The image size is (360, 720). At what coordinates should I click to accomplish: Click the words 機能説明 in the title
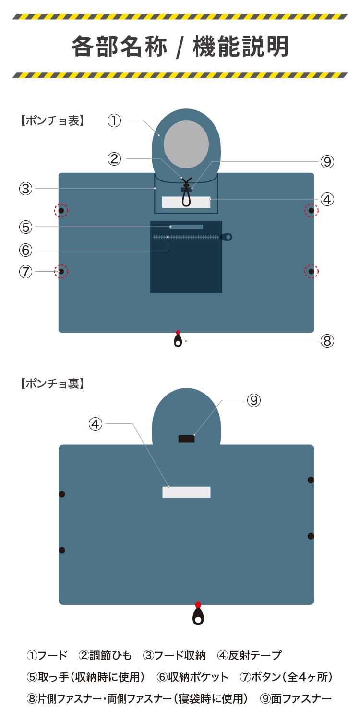[x=240, y=47]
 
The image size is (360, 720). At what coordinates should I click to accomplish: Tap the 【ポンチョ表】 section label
[x=52, y=120]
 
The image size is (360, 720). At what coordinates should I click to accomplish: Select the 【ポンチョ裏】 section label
[x=52, y=384]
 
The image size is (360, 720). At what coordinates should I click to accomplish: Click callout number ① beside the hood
[x=114, y=120]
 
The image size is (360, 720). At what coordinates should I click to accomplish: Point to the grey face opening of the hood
[x=186, y=144]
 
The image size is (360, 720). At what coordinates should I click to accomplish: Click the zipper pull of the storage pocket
[x=227, y=237]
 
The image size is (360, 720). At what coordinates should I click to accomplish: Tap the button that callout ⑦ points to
[x=61, y=272]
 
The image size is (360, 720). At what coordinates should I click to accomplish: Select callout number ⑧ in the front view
[x=327, y=341]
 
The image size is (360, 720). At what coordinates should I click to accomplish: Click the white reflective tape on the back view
[x=186, y=492]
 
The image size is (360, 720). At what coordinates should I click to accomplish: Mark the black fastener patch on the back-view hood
[x=186, y=438]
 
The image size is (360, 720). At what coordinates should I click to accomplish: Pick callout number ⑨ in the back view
[x=253, y=400]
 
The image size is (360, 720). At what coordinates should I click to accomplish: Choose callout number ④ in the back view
[x=96, y=424]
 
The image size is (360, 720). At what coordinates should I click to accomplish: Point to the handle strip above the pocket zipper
[x=186, y=227]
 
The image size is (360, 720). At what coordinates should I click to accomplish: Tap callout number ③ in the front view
[x=25, y=189]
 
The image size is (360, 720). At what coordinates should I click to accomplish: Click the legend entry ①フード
[x=47, y=655]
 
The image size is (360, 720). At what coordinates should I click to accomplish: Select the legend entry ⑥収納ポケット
[x=192, y=677]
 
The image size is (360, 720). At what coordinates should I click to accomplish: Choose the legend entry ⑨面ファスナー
[x=296, y=698]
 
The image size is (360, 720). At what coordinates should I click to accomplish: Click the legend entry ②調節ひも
[x=105, y=655]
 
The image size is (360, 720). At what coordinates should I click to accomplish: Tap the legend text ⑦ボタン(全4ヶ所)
[x=286, y=677]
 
